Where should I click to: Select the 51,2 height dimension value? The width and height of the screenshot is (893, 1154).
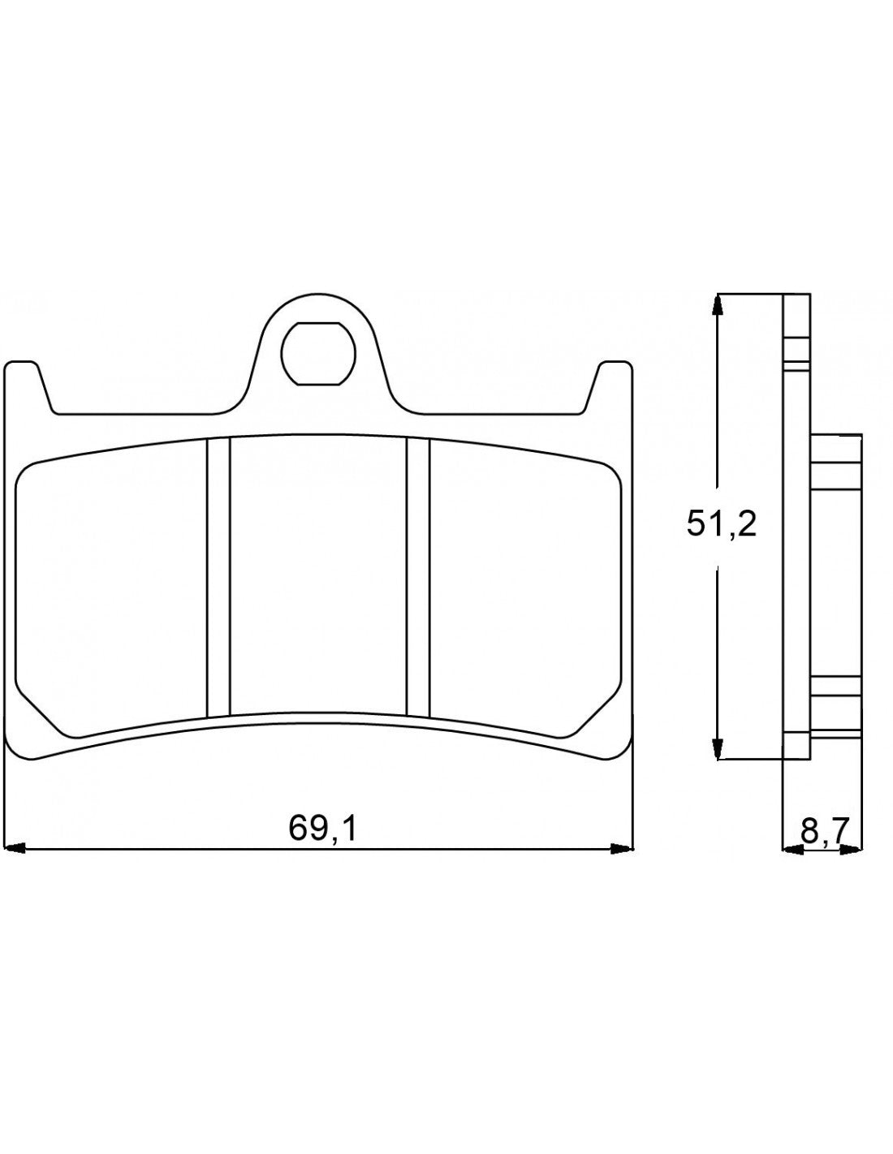[721, 525]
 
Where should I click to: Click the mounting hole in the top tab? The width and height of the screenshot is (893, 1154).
[318, 353]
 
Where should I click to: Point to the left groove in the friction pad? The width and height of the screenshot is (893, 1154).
[218, 577]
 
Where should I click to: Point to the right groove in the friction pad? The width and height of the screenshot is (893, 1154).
[417, 577]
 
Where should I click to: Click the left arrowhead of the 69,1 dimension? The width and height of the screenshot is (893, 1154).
[15, 850]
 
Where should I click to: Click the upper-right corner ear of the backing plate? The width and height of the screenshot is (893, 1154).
[614, 381]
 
